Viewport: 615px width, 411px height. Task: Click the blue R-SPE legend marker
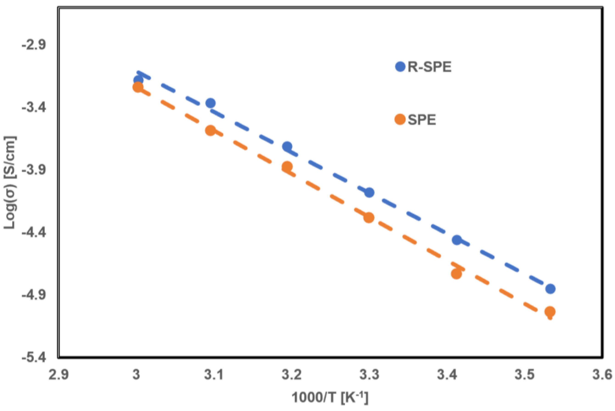[x=400, y=67]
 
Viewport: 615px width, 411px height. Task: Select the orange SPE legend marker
[x=400, y=119]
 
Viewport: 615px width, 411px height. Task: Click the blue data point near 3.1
[x=211, y=103]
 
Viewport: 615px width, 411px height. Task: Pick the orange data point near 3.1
[x=211, y=130]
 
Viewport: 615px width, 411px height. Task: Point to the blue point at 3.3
[x=369, y=193]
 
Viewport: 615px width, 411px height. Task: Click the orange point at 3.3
[x=369, y=218]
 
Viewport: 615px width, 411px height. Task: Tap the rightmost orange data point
[x=550, y=312]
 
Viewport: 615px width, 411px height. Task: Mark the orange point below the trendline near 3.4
[x=456, y=274]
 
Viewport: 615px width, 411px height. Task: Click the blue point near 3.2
[x=287, y=147]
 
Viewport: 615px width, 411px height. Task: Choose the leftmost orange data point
[x=138, y=87]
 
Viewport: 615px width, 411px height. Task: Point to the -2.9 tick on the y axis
[x=34, y=45]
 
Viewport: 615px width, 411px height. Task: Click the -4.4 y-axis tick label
[x=34, y=233]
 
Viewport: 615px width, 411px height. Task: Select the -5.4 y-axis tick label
[x=34, y=358]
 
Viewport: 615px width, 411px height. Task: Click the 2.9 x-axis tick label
[x=58, y=375]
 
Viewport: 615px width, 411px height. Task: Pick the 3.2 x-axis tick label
[x=292, y=375]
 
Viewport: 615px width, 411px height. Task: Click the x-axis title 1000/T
[x=330, y=398]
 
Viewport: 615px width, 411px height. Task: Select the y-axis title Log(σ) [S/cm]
[x=10, y=183]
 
